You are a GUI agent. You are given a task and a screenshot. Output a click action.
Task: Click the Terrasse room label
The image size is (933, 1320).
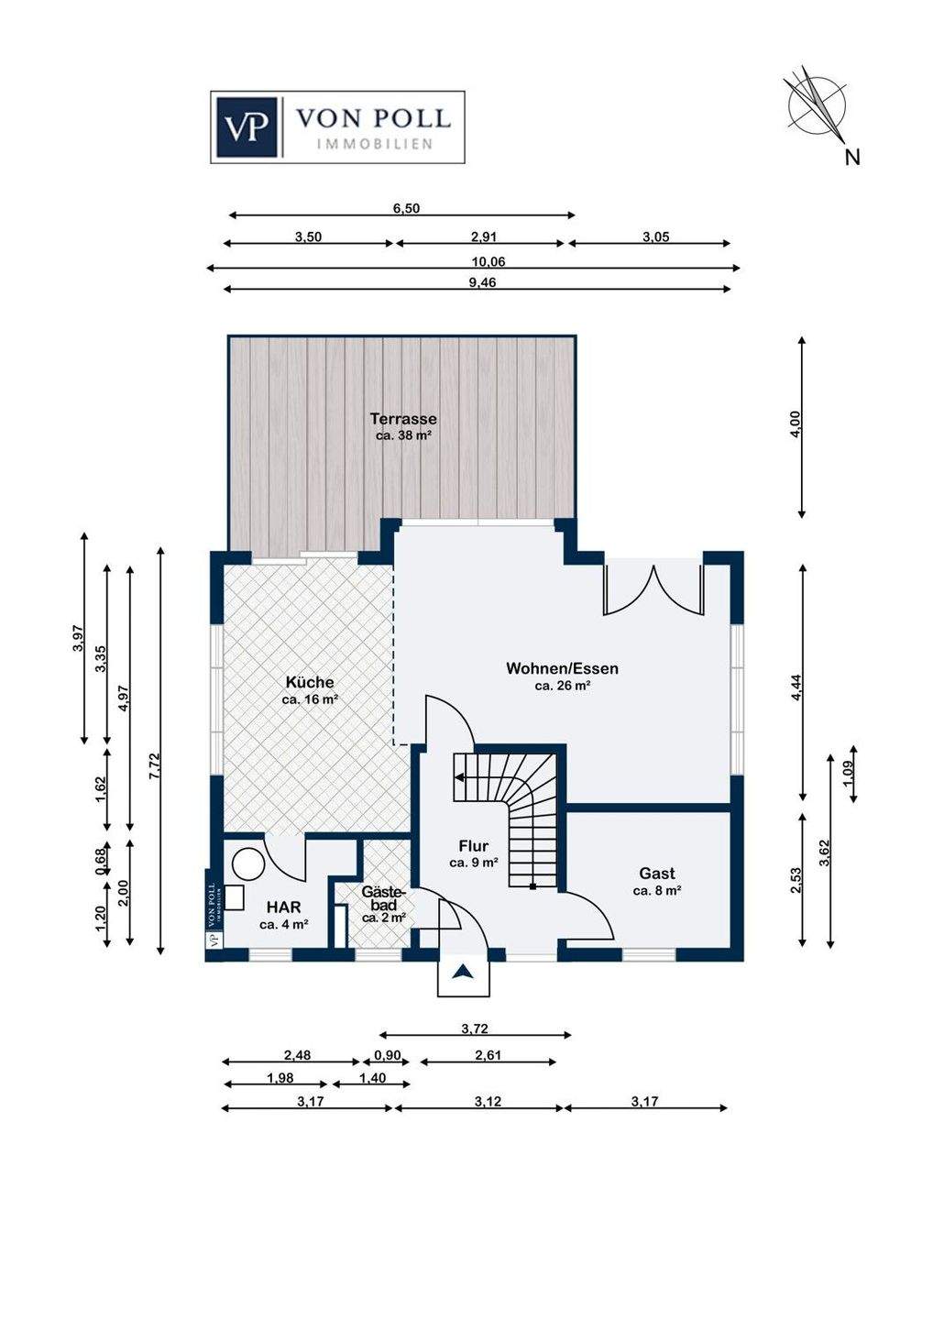pyautogui.click(x=403, y=418)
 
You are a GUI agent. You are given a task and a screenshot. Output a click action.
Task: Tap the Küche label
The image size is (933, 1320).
pyautogui.click(x=310, y=682)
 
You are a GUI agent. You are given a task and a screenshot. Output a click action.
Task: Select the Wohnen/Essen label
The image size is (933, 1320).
pyautogui.click(x=562, y=668)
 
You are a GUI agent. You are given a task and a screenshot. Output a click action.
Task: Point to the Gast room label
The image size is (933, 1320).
pyautogui.click(x=657, y=873)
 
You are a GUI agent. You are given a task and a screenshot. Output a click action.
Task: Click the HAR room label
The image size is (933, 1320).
pyautogui.click(x=284, y=907)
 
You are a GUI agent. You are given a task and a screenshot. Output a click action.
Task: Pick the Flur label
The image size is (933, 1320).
pyautogui.click(x=474, y=846)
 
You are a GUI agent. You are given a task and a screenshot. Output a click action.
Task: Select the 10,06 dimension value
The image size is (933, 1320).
pyautogui.click(x=488, y=261)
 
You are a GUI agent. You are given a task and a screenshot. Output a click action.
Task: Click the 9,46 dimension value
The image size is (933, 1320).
pyautogui.click(x=482, y=282)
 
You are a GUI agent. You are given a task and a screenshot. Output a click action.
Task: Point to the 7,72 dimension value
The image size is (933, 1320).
pyautogui.click(x=155, y=766)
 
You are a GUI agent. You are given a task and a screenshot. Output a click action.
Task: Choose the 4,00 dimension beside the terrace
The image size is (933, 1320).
pyautogui.click(x=795, y=424)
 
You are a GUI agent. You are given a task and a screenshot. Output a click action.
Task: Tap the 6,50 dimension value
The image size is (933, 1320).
pyautogui.click(x=406, y=208)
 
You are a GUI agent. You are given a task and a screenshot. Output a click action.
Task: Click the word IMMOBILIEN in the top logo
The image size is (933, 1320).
pyautogui.click(x=375, y=144)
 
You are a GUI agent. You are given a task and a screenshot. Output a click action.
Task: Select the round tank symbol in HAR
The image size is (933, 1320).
pyautogui.click(x=249, y=865)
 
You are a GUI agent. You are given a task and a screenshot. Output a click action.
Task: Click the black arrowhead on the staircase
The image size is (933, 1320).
pyautogui.click(x=458, y=778)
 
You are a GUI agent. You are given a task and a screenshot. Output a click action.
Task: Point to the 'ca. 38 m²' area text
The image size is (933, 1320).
pyautogui.click(x=404, y=436)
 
